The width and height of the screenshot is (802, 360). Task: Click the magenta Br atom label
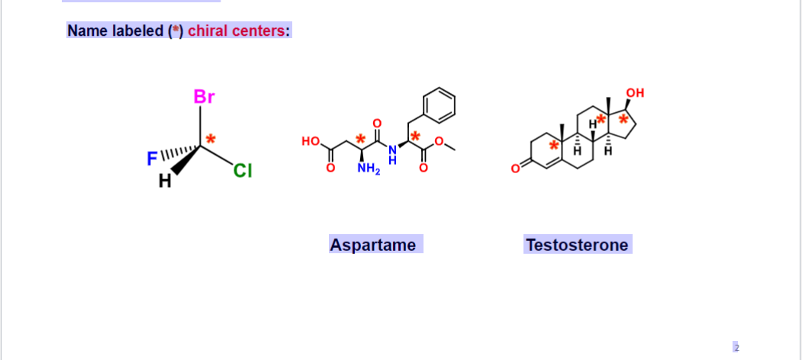tap(204, 97)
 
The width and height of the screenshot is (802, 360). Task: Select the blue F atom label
tap(151, 159)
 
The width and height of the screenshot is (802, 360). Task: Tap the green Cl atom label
tap(242, 171)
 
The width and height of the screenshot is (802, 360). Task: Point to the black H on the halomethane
tap(163, 182)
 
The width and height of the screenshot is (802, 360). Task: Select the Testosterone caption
tap(576, 245)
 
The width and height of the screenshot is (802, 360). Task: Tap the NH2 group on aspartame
tap(368, 169)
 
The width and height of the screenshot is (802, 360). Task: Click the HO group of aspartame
tap(311, 141)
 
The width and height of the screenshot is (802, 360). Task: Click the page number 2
tap(736, 347)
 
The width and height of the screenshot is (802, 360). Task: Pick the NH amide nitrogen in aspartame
tap(392, 152)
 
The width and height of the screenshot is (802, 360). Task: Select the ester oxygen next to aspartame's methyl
tap(439, 140)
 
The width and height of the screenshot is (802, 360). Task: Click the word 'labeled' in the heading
tap(137, 31)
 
